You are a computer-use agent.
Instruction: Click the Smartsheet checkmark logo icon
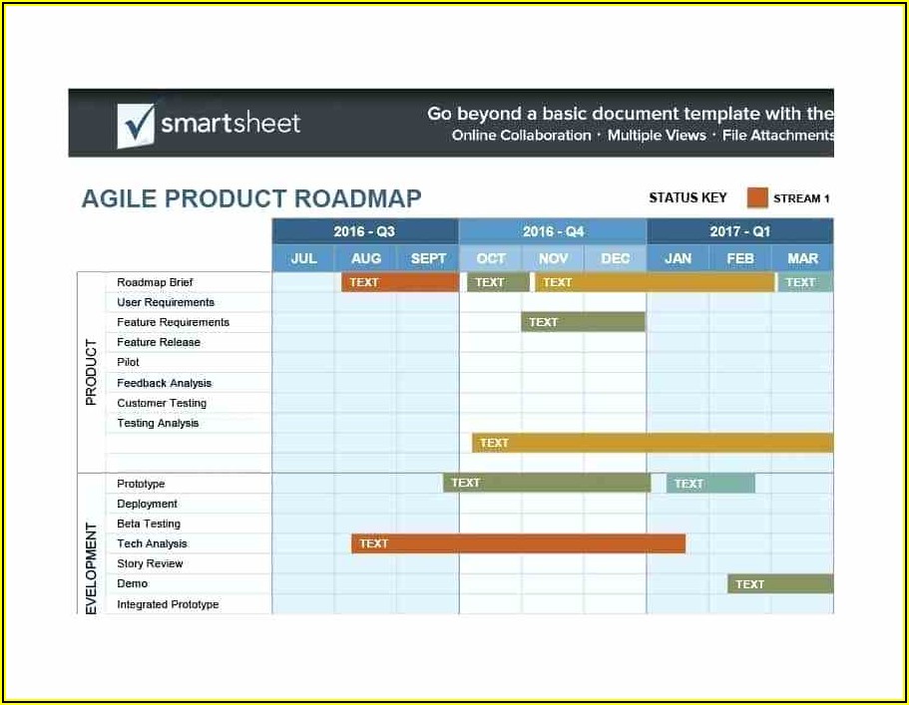point(137,125)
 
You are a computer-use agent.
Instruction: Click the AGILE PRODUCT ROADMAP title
point(251,198)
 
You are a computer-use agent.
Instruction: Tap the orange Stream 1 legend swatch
point(757,197)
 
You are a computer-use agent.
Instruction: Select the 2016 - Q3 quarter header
point(364,231)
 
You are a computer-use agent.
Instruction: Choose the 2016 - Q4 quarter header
point(553,231)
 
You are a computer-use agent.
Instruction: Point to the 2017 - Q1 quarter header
point(740,231)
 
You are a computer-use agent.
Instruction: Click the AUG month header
point(366,258)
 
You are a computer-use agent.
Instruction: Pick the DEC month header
point(615,258)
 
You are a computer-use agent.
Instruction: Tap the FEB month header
point(740,258)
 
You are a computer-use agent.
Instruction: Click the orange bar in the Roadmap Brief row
point(400,282)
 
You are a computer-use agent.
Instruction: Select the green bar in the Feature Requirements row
point(583,322)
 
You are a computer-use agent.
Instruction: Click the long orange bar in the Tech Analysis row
point(518,543)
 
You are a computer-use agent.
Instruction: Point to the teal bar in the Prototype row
point(710,484)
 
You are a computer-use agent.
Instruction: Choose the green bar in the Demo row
point(780,584)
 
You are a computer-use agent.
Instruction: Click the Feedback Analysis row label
point(164,383)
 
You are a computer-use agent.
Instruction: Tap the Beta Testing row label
point(149,524)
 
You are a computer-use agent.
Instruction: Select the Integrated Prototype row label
point(168,604)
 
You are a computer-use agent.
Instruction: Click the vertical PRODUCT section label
point(91,372)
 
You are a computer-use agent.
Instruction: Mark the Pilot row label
point(128,362)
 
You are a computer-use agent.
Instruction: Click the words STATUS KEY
point(687,198)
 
